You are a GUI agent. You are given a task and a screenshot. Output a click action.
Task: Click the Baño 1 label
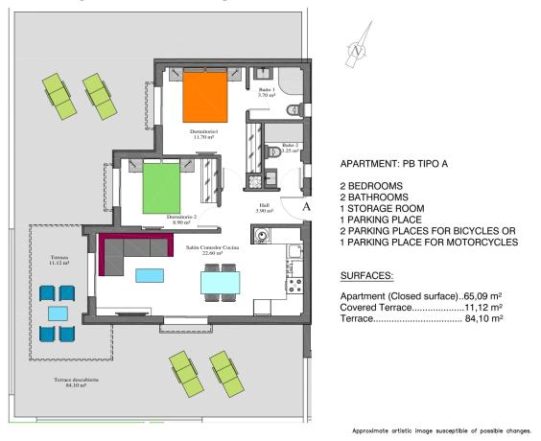point(267,92)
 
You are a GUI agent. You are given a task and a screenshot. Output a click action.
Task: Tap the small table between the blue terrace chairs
point(58,313)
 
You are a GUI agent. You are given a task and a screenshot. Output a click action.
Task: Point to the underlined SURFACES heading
point(369,274)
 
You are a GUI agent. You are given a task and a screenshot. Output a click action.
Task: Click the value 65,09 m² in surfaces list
point(489,296)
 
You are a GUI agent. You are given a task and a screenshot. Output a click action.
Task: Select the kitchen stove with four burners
point(295,284)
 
